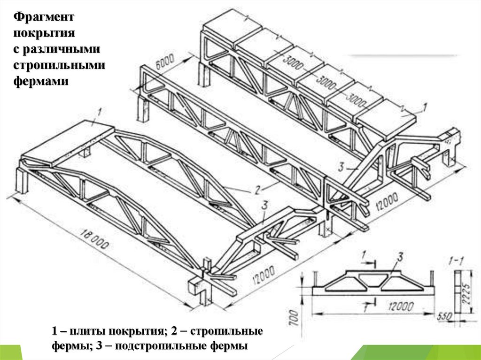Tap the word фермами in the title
coord(41,81)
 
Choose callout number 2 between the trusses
coord(257,189)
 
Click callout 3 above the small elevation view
coord(400,256)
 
